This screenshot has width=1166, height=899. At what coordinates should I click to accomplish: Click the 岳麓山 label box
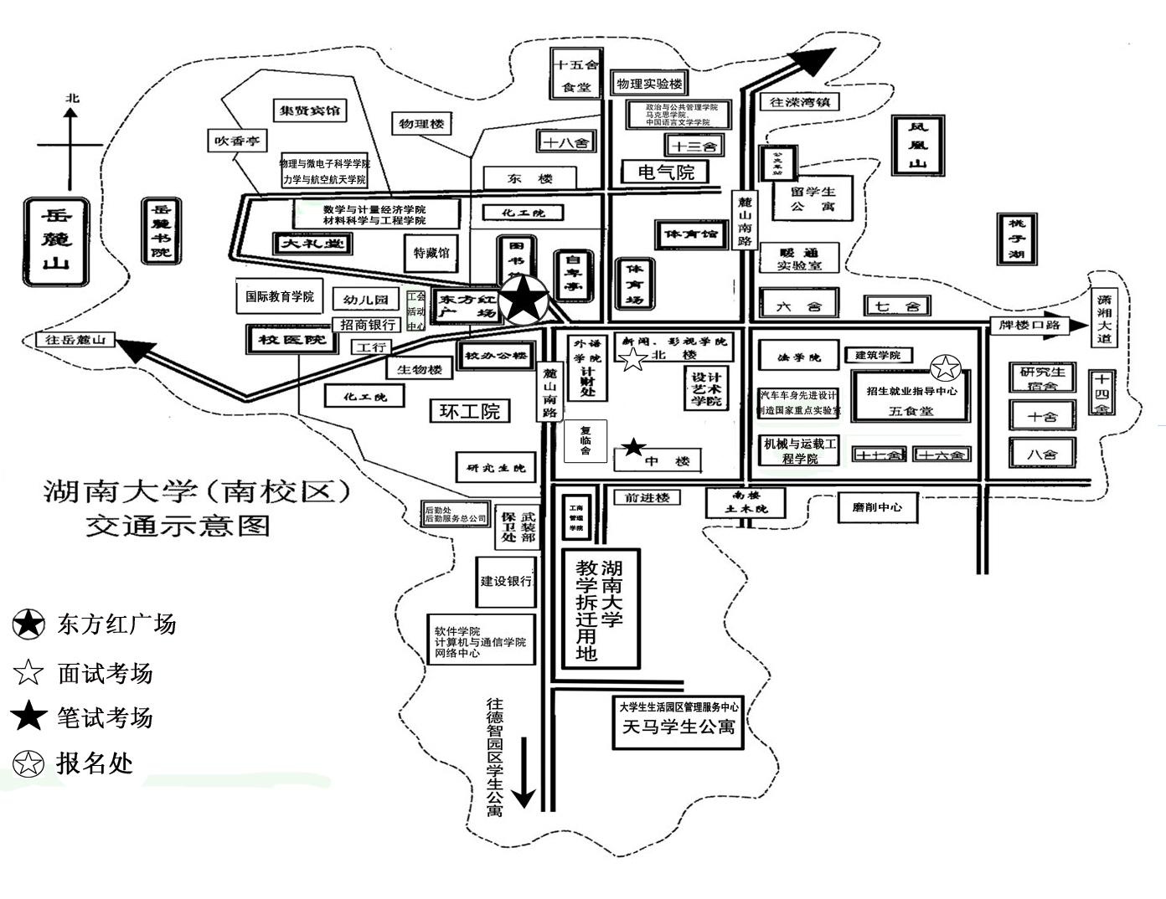56,240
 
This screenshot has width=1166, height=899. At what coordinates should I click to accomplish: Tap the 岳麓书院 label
161,230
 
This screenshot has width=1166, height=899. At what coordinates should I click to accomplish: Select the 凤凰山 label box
919,145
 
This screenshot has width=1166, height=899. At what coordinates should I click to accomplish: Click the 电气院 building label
666,172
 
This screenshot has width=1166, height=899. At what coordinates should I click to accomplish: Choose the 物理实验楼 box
649,83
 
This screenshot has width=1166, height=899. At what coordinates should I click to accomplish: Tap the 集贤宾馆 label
310,110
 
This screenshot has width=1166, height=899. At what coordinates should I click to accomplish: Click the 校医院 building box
280,339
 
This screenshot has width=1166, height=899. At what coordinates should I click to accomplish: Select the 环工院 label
469,411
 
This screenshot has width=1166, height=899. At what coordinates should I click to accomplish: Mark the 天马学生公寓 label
678,727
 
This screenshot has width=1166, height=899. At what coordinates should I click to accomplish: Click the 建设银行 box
505,581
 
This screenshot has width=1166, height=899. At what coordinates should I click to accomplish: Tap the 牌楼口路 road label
1029,325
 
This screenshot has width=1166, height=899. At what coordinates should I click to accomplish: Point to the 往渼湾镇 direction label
798,102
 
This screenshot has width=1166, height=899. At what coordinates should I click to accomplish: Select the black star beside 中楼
633,447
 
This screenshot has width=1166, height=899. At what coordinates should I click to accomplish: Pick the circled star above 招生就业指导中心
945,367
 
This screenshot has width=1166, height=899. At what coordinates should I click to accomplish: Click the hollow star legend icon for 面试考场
28,672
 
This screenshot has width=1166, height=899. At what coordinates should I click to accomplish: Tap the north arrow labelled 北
71,142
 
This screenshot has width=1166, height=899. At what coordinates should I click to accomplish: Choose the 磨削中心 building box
877,506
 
